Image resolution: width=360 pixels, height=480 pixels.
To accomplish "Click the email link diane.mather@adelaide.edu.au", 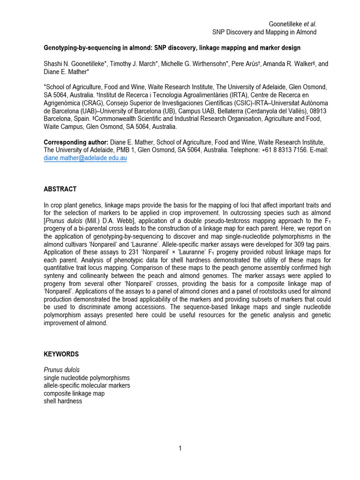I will point(85,158).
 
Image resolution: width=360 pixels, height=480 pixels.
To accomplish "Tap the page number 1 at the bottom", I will point(180,449).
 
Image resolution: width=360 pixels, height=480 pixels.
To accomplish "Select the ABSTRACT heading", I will point(60,189).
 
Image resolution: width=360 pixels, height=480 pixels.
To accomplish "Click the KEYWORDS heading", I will point(61,354).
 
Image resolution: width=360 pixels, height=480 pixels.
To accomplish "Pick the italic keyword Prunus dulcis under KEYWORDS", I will point(61,370).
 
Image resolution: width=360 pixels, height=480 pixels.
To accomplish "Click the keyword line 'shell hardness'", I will point(63,401).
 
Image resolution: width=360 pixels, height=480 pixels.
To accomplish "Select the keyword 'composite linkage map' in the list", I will point(74,393).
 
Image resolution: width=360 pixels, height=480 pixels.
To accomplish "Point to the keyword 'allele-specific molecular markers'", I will point(87,385).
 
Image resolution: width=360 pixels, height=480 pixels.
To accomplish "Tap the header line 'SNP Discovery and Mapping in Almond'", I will point(264,32).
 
